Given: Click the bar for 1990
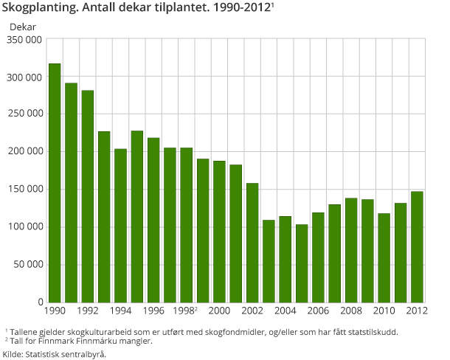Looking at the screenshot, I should [55, 183].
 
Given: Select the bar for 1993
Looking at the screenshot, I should [104, 217].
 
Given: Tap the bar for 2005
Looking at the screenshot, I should [302, 263].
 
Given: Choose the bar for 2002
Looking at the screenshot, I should [252, 243].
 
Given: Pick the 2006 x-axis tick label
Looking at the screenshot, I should [319, 311].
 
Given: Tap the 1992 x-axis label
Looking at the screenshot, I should [88, 311].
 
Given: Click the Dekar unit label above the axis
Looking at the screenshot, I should [22, 26].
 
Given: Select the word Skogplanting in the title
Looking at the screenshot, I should [42, 10].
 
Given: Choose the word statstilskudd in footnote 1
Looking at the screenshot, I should [370, 332].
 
